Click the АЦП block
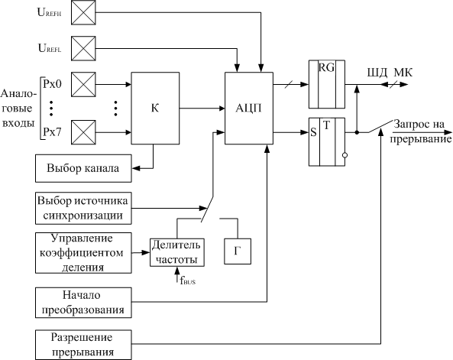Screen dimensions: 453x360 click(249, 108)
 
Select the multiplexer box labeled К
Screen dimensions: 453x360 click(155, 108)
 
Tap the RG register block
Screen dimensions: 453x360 click(327, 84)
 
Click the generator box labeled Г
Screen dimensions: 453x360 click(238, 251)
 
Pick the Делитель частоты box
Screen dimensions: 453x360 click(176, 252)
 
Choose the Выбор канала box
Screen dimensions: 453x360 click(83, 168)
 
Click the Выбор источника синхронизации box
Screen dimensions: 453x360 click(83, 208)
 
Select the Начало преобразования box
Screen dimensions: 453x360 click(83, 303)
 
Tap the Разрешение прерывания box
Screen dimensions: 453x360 click(83, 345)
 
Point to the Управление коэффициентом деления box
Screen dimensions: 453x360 click(83, 253)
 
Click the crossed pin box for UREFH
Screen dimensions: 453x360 click(83, 12)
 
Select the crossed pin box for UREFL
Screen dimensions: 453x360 click(83, 48)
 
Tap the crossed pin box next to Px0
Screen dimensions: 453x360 click(83, 84)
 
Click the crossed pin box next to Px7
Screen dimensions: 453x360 click(83, 132)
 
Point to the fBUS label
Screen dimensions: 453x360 click(187, 280)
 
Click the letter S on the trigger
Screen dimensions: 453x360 click(313, 132)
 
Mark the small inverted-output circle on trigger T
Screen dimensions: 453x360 click(345, 155)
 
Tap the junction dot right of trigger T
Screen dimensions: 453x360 click(357, 132)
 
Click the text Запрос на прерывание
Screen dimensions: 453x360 click(420, 131)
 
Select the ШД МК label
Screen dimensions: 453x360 click(390, 73)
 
